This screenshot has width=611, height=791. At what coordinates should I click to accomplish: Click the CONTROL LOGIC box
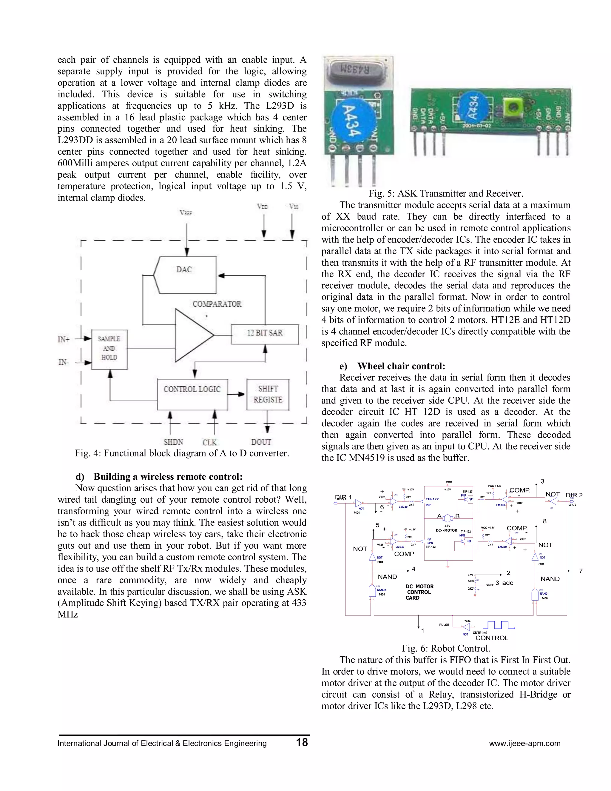[x=192, y=394]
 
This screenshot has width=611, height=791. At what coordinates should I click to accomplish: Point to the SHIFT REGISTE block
[x=268, y=394]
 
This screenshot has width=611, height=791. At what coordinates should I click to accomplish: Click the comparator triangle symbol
[x=192, y=335]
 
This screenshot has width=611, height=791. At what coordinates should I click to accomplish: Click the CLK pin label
[x=209, y=442]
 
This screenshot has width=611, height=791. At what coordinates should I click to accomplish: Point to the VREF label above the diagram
[x=186, y=213]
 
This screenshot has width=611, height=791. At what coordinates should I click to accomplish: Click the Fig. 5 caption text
[x=446, y=193]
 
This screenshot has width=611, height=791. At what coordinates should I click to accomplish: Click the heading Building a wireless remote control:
[x=168, y=476]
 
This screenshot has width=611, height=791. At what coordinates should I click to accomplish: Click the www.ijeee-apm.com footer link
[x=524, y=743]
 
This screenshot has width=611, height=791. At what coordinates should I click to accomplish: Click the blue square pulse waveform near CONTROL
[x=499, y=625]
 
